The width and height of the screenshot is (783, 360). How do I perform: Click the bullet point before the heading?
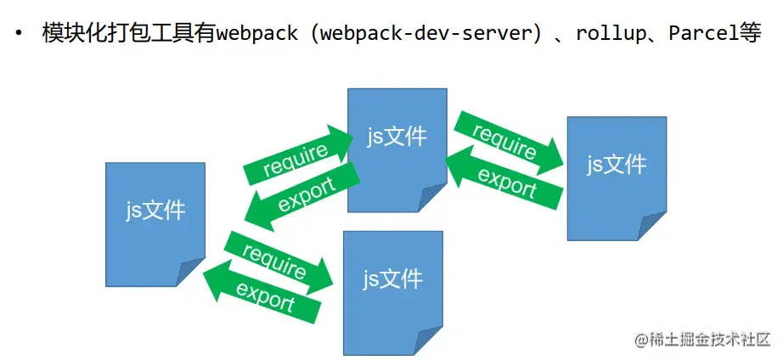point(18,35)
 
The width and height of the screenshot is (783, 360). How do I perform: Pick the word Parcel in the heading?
point(696,35)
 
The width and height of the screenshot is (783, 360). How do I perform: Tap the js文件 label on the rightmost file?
point(617,164)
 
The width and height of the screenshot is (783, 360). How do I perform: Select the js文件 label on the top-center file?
point(397,136)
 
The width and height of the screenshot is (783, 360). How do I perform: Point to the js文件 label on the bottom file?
point(392,278)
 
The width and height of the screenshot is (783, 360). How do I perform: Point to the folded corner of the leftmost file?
point(192,273)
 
